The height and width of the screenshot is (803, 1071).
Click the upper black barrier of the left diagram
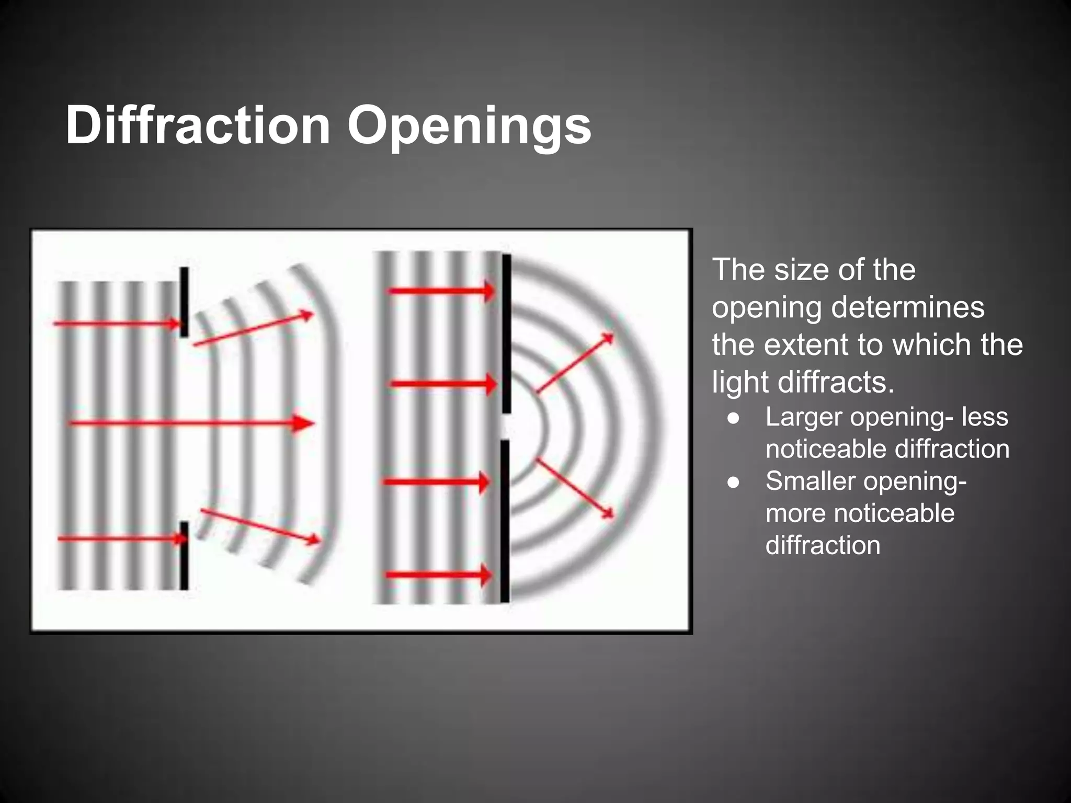coord(184,302)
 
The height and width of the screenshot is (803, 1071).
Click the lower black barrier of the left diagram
coord(184,555)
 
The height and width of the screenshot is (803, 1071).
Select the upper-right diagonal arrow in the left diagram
coord(253,329)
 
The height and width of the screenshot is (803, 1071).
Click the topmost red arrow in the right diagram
coord(442,291)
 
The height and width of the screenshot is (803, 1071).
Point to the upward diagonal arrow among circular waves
coord(575,362)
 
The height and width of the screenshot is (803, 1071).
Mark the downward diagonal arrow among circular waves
coord(575,489)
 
